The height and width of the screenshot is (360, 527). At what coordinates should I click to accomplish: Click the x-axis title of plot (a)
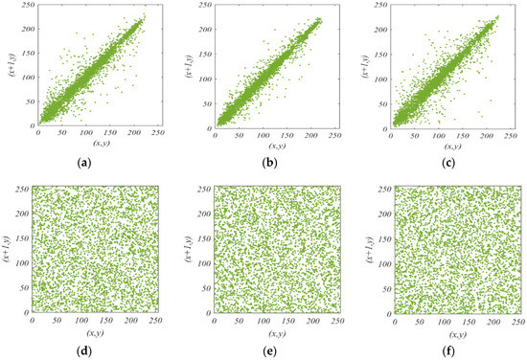[x=100, y=146]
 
